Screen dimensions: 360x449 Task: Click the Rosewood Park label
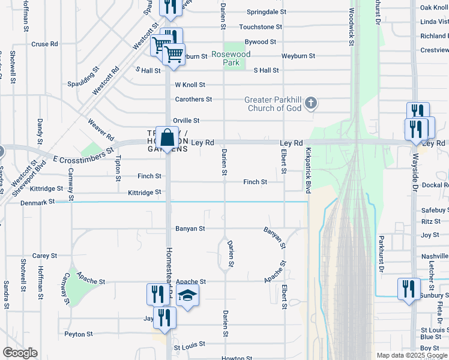pyautogui.click(x=231, y=58)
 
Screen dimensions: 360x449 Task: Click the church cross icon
pyautogui.click(x=310, y=104)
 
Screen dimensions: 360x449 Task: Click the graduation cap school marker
pyautogui.click(x=188, y=295)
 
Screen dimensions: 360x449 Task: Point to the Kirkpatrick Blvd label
pyautogui.click(x=308, y=170)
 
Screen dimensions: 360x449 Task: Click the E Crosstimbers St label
pyautogui.click(x=83, y=155)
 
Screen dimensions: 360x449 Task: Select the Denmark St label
pyautogui.click(x=37, y=202)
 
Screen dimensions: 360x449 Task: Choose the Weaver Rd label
pyautogui.click(x=100, y=129)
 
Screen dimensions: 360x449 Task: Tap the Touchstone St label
pyautogui.click(x=261, y=27)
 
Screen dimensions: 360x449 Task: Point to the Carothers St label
pyautogui.click(x=193, y=99)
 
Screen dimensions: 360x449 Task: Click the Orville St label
pyautogui.click(x=186, y=121)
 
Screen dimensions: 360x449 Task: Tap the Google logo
pyautogui.click(x=20, y=353)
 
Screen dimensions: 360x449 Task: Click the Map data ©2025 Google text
pyautogui.click(x=411, y=355)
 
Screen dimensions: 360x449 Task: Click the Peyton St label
pyautogui.click(x=78, y=334)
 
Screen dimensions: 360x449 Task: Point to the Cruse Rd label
pyautogui.click(x=44, y=44)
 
